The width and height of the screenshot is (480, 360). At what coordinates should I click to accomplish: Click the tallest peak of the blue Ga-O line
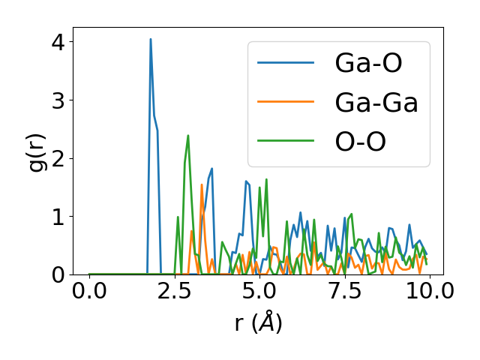pyautogui.click(x=151, y=39)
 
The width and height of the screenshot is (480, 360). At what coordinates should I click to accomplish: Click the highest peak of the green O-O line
pyautogui.click(x=187, y=136)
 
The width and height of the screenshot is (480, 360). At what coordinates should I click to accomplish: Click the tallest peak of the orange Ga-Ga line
pyautogui.click(x=202, y=184)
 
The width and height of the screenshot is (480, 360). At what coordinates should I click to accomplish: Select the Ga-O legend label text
pyautogui.click(x=368, y=64)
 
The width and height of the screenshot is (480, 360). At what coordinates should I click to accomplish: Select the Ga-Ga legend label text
pyautogui.click(x=376, y=103)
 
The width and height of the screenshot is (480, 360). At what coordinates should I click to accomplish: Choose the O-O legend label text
pyautogui.click(x=361, y=142)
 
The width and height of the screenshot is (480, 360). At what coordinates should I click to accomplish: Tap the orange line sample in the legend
pyautogui.click(x=286, y=103)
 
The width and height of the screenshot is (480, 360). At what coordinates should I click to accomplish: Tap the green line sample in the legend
pyautogui.click(x=286, y=142)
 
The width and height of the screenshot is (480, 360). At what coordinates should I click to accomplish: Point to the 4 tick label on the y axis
pyautogui.click(x=58, y=42)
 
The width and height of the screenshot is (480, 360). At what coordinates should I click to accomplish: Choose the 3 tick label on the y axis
pyautogui.click(x=58, y=100)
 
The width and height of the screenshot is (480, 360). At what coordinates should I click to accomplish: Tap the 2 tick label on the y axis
pyautogui.click(x=58, y=158)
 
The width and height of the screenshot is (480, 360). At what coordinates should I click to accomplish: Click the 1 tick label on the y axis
pyautogui.click(x=58, y=217)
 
